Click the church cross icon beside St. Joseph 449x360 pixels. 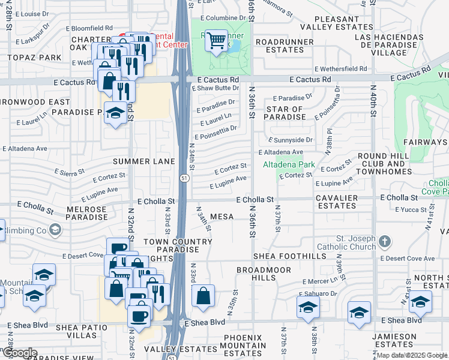[385, 242]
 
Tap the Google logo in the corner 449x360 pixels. [19, 353]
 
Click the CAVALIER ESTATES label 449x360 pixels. [337, 202]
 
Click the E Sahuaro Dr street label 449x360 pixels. [319, 293]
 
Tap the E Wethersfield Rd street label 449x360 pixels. [340, 69]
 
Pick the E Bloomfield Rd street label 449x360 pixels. [89, 28]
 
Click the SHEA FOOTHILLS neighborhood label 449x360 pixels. [291, 256]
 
